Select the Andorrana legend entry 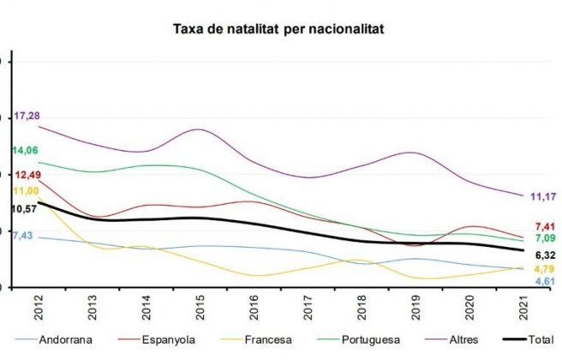tap(63, 339)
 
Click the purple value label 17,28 tap(27, 115)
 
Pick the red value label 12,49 tap(27, 175)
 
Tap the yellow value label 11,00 tap(26, 190)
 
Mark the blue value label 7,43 tap(23, 235)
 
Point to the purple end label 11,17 tap(543, 196)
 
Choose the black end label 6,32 tap(546, 255)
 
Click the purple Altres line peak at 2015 tap(198, 129)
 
